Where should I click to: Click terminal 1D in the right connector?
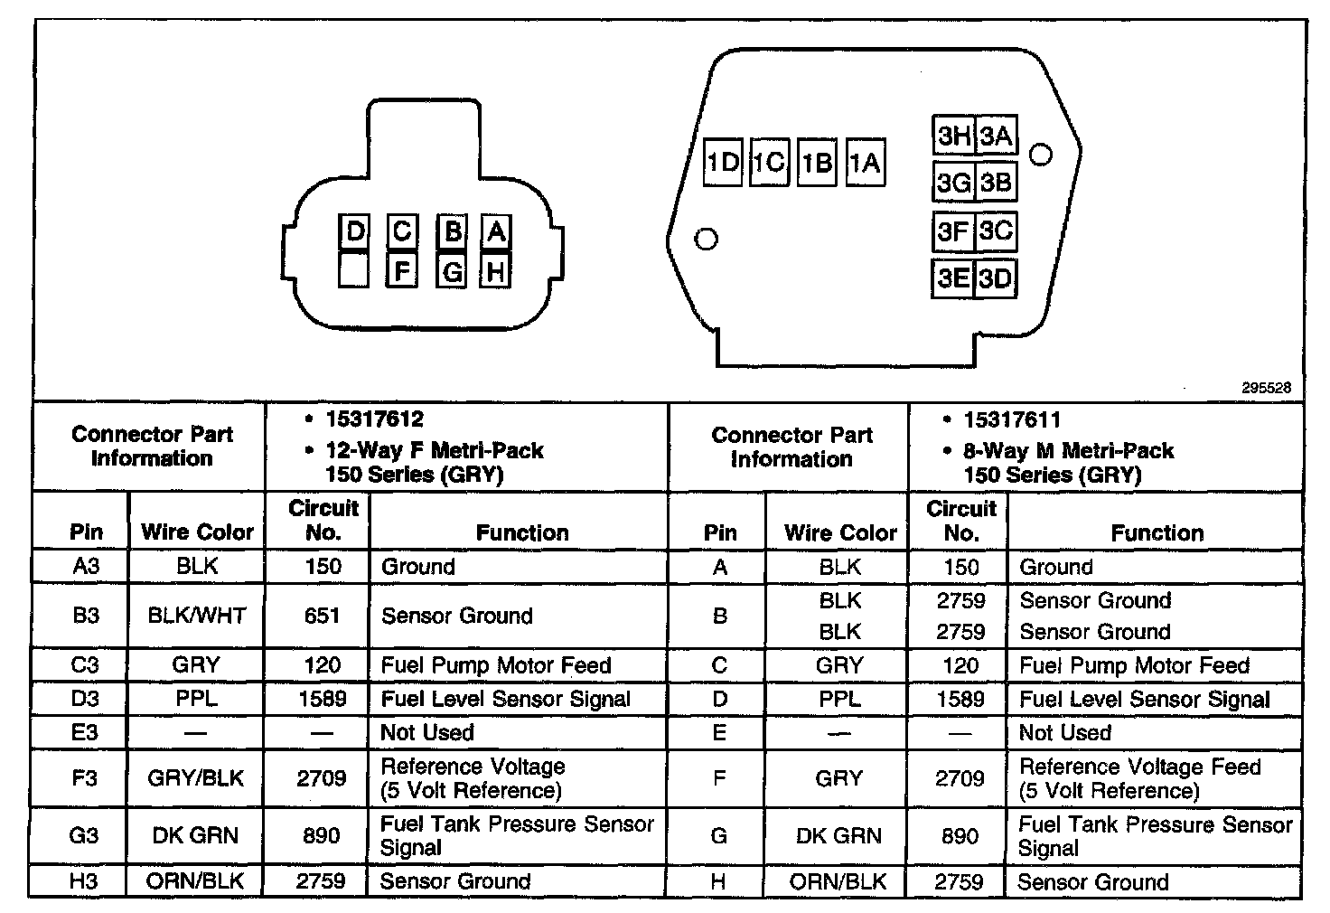pos(723,163)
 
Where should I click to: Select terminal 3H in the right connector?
pos(953,136)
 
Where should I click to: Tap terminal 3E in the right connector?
pos(953,278)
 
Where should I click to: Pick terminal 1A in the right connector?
pos(865,163)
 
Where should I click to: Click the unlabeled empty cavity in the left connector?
pos(354,270)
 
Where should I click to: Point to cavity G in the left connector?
pos(452,270)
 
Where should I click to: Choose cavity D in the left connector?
pos(354,232)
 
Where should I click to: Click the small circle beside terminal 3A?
pos(1041,155)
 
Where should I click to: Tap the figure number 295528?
pos(1266,388)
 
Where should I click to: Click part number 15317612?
pos(374,419)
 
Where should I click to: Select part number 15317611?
pos(1012,420)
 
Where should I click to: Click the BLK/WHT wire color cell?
pos(196,616)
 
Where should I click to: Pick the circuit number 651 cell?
pos(322,616)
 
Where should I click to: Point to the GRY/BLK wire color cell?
pos(196,778)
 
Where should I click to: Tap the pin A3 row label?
pos(85,567)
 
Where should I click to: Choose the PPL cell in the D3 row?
pos(196,699)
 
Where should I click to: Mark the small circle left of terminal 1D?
pos(707,239)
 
